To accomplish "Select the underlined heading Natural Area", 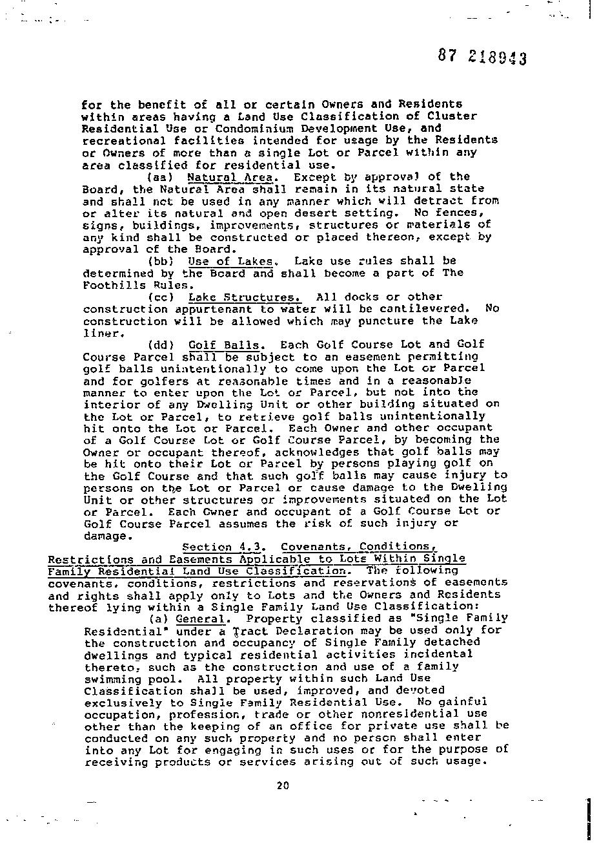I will coord(232,176).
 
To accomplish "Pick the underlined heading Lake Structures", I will coord(244,297).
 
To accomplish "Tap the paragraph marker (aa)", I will coord(159,176).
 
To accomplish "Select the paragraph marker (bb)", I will coord(159,261).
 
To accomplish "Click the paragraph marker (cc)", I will coord(159,297).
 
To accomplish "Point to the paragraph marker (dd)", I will coord(159,345).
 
